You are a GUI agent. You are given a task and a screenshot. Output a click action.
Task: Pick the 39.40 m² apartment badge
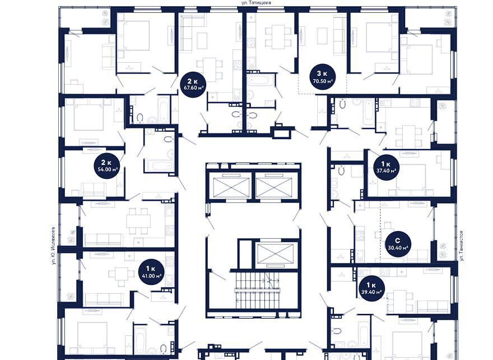[371, 289]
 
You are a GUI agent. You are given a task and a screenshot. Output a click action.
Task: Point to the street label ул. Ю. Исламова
[54, 246]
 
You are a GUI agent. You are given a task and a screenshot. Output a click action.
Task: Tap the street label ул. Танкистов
[462, 246]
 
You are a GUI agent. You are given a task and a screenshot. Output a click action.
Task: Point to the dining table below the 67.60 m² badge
[210, 69]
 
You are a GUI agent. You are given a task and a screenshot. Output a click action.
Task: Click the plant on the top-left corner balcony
[105, 18]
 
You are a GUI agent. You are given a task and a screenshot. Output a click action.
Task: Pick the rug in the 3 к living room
[323, 36]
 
